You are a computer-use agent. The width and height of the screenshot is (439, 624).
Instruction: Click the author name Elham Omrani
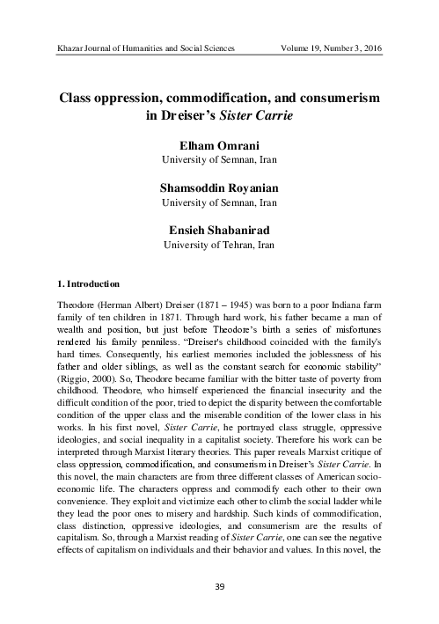[219, 145]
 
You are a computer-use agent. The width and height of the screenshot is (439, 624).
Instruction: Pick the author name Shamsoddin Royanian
[219, 188]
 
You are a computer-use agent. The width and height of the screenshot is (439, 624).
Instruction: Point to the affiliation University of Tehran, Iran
[219, 246]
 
